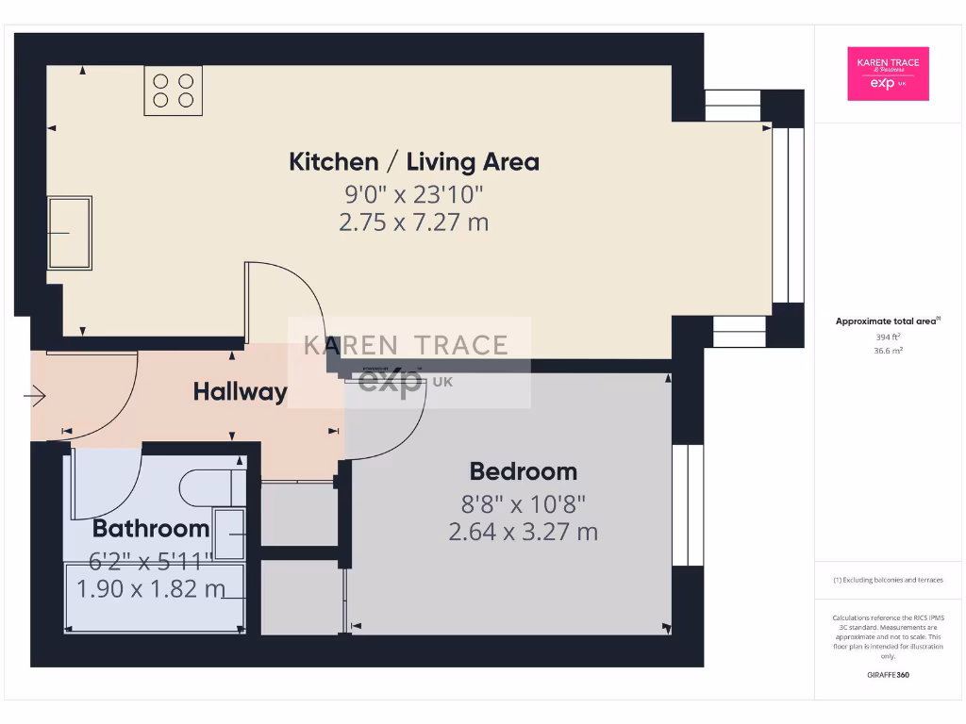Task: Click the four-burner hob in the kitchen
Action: [x=174, y=90]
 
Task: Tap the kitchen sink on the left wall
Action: [x=70, y=233]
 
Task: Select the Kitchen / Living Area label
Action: [x=414, y=161]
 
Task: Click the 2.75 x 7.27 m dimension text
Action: [x=414, y=222]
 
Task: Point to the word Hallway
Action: [x=240, y=391]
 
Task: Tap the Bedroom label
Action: [x=524, y=471]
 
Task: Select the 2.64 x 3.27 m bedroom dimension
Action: [x=524, y=532]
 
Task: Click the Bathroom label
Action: [x=151, y=528]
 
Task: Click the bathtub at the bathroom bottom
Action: [x=155, y=598]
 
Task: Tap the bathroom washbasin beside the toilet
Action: [x=230, y=534]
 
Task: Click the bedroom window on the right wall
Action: [x=687, y=504]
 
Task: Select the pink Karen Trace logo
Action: [x=888, y=74]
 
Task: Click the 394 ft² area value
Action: [x=888, y=336]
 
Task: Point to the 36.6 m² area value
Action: [x=888, y=350]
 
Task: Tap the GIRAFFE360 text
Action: [x=888, y=675]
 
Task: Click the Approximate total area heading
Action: [x=887, y=321]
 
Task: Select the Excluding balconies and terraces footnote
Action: [x=888, y=580]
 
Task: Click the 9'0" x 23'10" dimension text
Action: [x=414, y=194]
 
